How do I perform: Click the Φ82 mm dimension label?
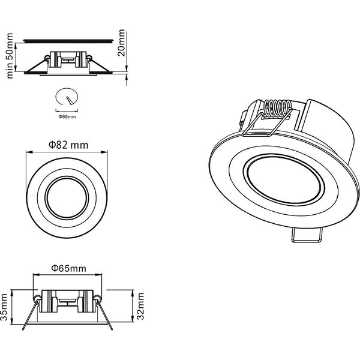click(x=67, y=145)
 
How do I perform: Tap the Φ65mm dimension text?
click(x=68, y=268)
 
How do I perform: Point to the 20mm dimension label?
click(x=122, y=41)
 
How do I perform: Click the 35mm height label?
click(x=5, y=308)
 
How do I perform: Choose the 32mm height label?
click(x=140, y=307)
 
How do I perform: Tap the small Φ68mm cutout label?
click(x=67, y=116)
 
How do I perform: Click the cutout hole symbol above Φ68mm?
click(x=67, y=97)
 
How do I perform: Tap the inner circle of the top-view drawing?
click(x=67, y=198)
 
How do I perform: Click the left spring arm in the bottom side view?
click(x=27, y=317)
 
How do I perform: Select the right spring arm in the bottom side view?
click(x=107, y=317)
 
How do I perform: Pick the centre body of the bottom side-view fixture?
click(x=67, y=303)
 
